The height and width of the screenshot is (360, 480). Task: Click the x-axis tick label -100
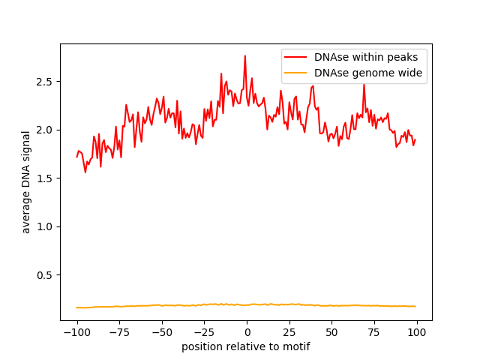pyautogui.click(x=76, y=332)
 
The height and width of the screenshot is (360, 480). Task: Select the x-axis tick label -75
pyautogui.click(x=119, y=332)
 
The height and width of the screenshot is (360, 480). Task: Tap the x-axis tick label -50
pyautogui.click(x=161, y=332)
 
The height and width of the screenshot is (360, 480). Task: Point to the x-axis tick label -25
pyautogui.click(x=204, y=332)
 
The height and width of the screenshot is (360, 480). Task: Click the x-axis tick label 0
pyautogui.click(x=247, y=332)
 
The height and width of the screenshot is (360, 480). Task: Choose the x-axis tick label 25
pyautogui.click(x=289, y=332)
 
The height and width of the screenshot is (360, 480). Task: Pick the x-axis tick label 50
pyautogui.click(x=331, y=332)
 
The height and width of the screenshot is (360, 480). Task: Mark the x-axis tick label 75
pyautogui.click(x=374, y=332)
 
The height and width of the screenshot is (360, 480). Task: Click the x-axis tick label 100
pyautogui.click(x=416, y=332)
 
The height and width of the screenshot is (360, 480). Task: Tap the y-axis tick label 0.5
pyautogui.click(x=46, y=275)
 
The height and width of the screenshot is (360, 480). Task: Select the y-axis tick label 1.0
pyautogui.click(x=46, y=226)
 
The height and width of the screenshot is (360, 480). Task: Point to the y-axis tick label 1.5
pyautogui.click(x=46, y=178)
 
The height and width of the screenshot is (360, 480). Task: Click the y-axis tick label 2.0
pyautogui.click(x=46, y=130)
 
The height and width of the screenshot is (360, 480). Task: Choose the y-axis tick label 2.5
pyautogui.click(x=46, y=81)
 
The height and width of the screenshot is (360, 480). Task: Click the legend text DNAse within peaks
pyautogui.click(x=370, y=56)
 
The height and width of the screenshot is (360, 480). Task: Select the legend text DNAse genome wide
pyautogui.click(x=368, y=73)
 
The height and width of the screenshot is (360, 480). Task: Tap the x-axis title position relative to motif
pyautogui.click(x=246, y=346)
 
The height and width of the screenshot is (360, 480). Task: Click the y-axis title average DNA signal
pyautogui.click(x=26, y=181)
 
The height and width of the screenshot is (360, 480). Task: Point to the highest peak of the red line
pyautogui.click(x=244, y=55)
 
